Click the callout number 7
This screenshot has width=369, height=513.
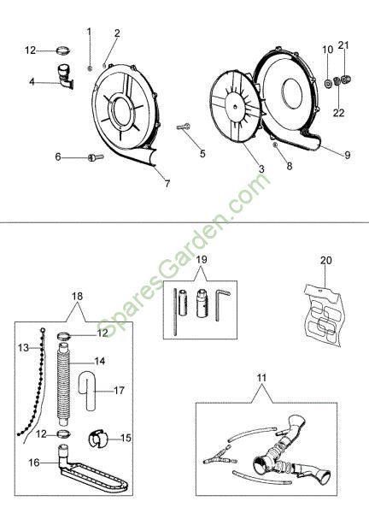click(167, 184)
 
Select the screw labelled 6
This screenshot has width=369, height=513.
click(96, 157)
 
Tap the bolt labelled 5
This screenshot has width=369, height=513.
click(184, 127)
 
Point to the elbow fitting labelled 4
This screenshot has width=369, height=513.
click(65, 76)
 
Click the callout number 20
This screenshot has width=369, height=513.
click(325, 261)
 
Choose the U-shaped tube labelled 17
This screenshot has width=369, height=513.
click(86, 390)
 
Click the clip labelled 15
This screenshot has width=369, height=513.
click(97, 438)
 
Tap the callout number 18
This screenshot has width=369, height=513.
click(77, 297)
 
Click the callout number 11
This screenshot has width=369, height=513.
click(261, 378)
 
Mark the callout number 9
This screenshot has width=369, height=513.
click(347, 155)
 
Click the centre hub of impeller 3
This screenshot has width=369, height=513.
click(236, 106)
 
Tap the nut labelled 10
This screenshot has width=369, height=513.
click(328, 84)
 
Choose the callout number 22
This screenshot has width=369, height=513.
click(338, 113)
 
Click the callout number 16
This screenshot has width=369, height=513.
click(33, 463)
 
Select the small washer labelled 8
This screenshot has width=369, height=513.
click(275, 144)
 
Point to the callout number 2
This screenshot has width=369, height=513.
click(117, 33)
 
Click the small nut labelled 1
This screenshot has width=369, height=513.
click(89, 68)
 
